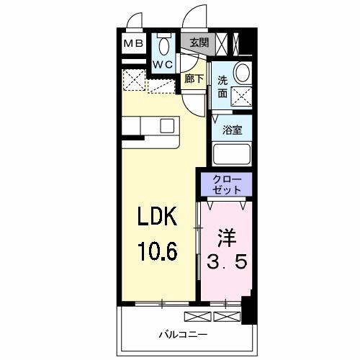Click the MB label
tap(133, 43)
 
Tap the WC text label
tap(163, 63)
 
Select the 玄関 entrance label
tap(199, 42)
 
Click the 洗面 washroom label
tap(223, 87)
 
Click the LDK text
tap(157, 217)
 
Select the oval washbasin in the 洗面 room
tap(243, 73)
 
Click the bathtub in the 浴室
tap(231, 155)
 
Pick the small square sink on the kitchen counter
tap(168, 125)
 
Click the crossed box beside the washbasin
tap(243, 94)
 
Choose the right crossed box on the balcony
tap(225, 316)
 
